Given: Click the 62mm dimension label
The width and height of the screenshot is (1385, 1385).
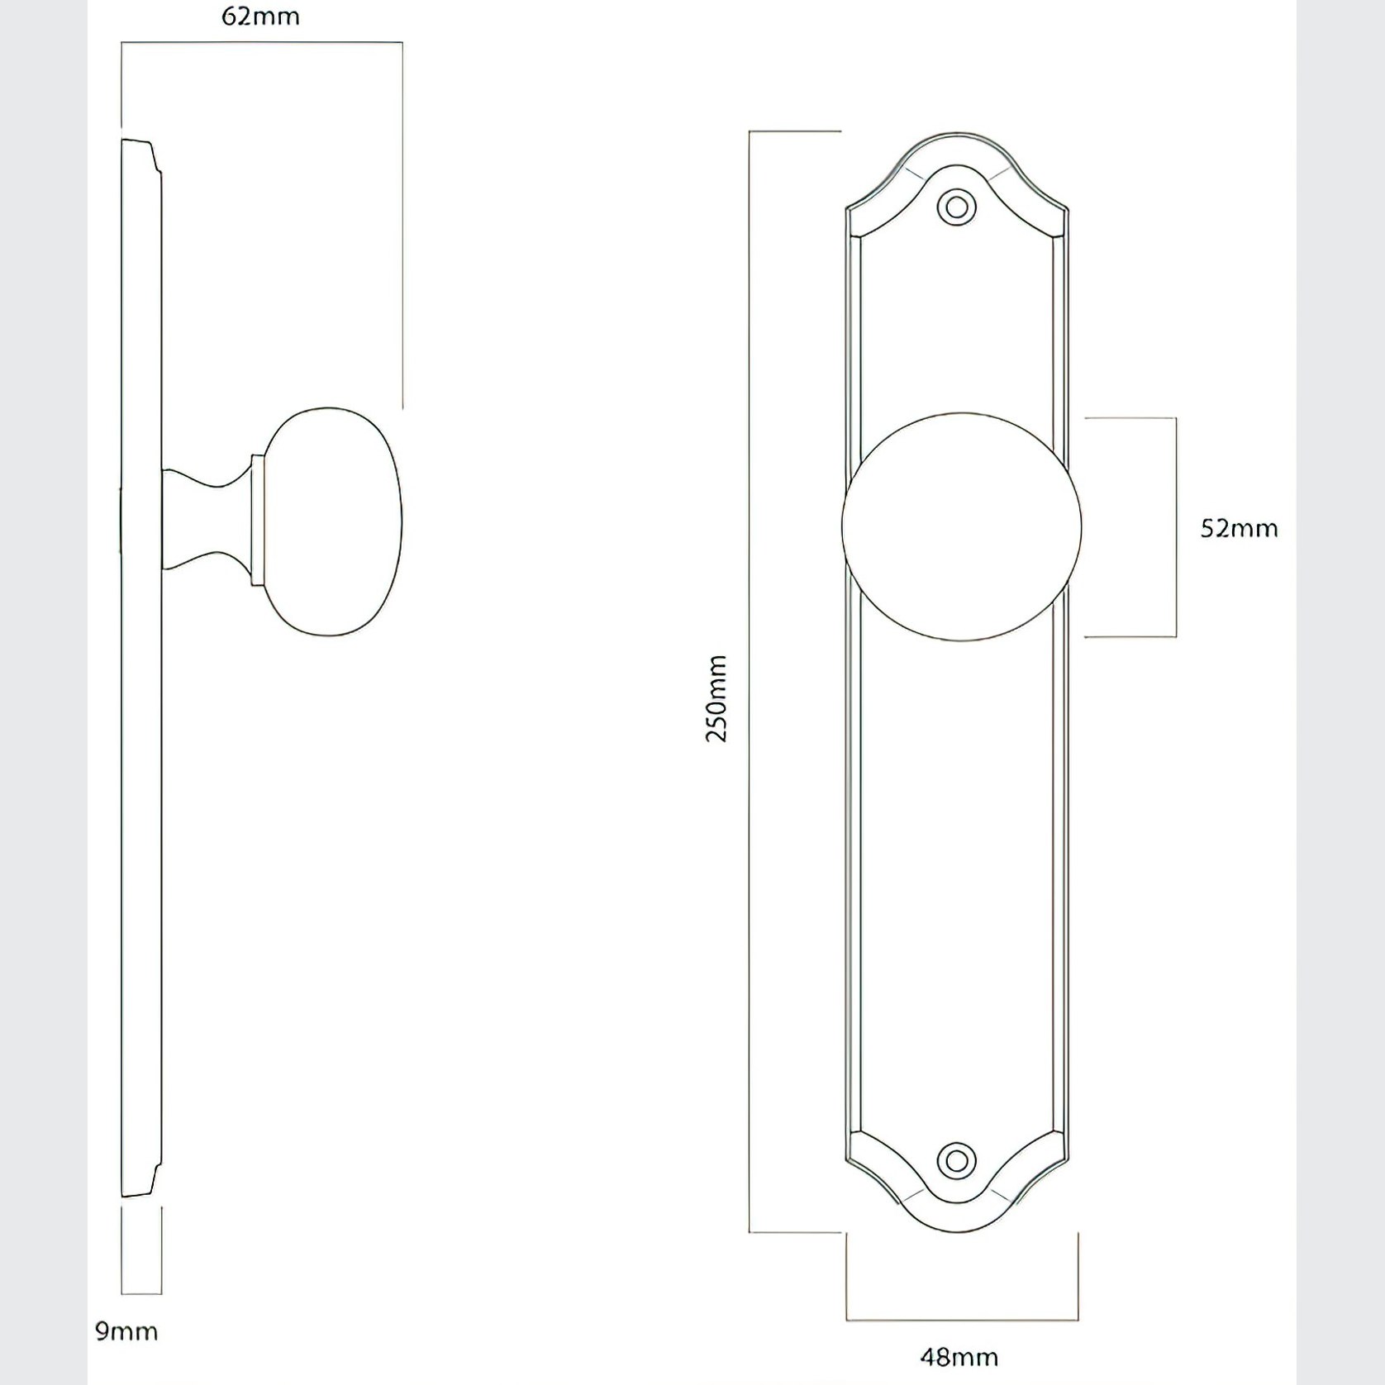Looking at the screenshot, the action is click(260, 17).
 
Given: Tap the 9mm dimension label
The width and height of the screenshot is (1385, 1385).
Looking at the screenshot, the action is click(126, 1331).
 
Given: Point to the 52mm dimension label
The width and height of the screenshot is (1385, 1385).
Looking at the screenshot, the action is click(1239, 528).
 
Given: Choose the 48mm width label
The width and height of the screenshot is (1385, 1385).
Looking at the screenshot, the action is click(959, 1357).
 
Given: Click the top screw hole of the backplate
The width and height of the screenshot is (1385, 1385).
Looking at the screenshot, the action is click(957, 206).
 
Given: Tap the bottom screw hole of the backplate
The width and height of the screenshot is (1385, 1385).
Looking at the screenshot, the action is click(957, 1160).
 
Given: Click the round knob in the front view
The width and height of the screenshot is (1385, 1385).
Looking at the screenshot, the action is click(961, 527).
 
